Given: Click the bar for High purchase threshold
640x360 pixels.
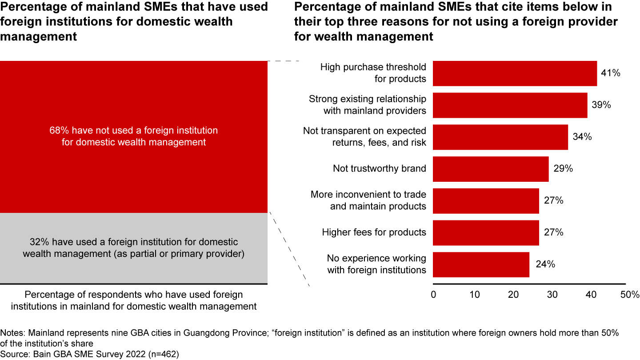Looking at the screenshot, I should [x=515, y=73].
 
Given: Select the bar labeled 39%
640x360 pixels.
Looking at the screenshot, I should [x=510, y=105].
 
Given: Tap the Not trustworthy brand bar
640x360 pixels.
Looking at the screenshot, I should [x=491, y=169].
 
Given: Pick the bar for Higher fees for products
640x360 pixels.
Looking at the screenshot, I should [x=486, y=232].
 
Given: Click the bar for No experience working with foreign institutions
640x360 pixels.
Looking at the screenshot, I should [x=481, y=264].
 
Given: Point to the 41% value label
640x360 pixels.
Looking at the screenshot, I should [x=610, y=73].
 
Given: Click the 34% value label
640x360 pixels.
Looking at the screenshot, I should [x=582, y=137].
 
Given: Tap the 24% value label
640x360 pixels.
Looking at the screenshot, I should [x=545, y=264].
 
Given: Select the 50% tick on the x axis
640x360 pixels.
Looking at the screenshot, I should [x=629, y=295].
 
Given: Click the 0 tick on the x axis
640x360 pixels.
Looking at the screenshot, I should [x=433, y=295].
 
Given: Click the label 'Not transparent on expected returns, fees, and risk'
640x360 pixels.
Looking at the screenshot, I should [x=364, y=137].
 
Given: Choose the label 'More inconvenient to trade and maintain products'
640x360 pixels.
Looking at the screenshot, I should [x=368, y=200].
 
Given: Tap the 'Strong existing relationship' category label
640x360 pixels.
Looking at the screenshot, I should [x=367, y=99].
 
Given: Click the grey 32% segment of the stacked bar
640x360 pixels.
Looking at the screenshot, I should [x=133, y=248].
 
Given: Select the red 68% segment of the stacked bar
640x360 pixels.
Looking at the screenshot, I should [x=133, y=136].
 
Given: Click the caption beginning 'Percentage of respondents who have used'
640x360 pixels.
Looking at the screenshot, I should [x=134, y=300].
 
